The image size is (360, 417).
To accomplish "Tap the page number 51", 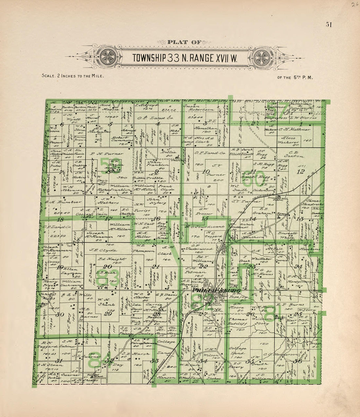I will (329, 25).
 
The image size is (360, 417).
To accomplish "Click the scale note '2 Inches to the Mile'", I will (73, 76).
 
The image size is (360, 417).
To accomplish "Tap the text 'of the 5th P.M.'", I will (295, 78).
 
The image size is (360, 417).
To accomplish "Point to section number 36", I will (297, 361).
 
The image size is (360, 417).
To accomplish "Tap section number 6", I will (62, 124).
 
